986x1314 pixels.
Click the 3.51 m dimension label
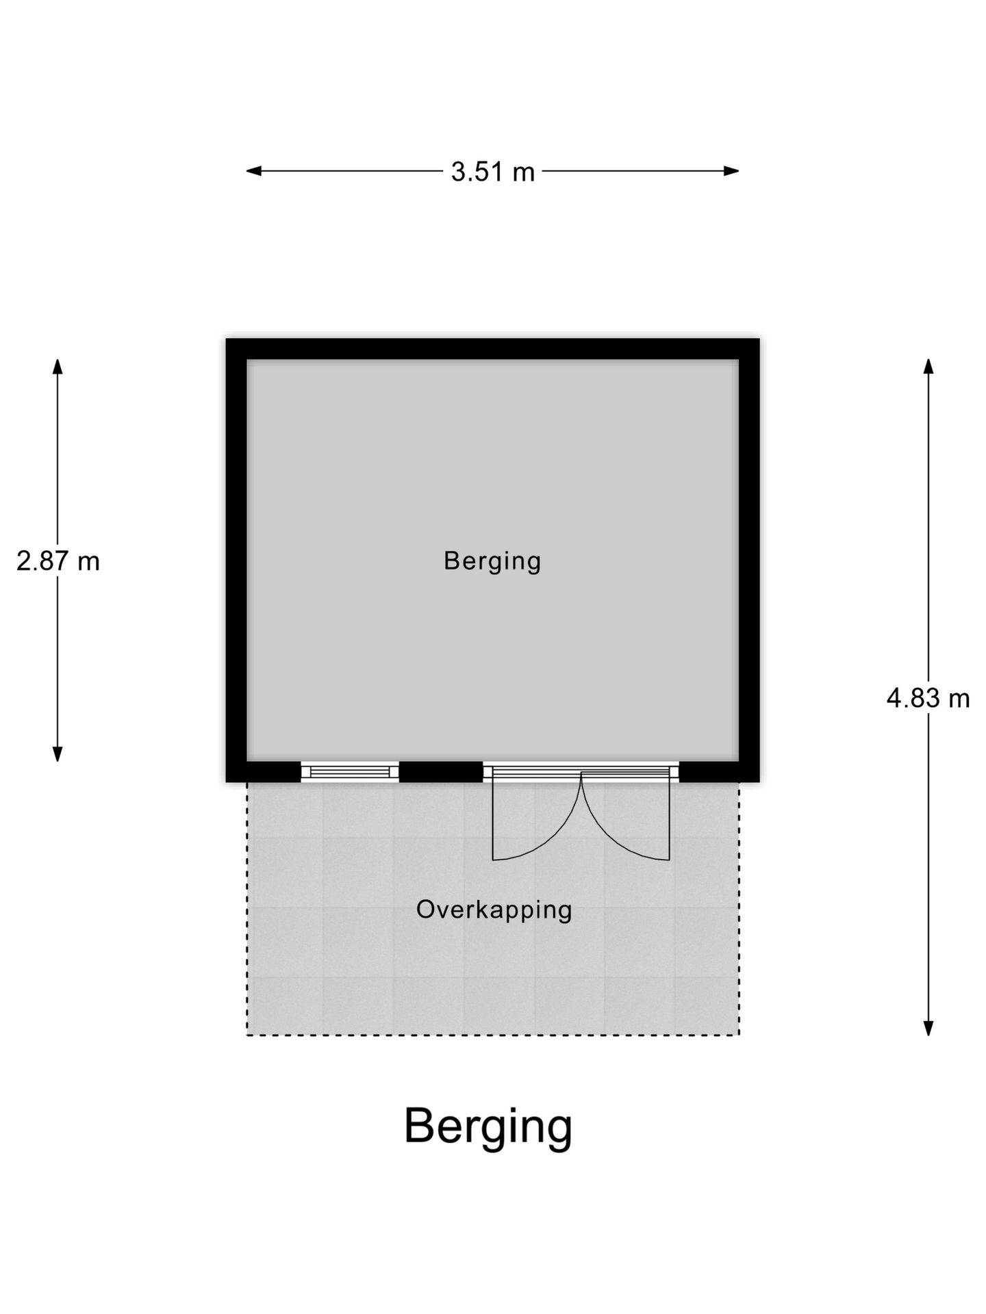(492, 172)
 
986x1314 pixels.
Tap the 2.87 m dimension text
(58, 561)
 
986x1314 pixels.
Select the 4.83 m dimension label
(928, 698)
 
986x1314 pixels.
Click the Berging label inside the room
(492, 561)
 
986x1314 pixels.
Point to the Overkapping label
(494, 910)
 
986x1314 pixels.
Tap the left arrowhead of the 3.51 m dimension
(254, 171)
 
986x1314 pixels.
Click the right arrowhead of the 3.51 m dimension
(731, 171)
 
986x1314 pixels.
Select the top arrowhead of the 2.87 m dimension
(58, 367)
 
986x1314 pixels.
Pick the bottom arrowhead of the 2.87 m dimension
(58, 753)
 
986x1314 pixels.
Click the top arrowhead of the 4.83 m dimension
(928, 367)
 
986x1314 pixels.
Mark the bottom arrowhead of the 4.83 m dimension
(928, 1027)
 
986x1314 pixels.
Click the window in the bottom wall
(350, 772)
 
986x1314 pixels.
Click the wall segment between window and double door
(441, 772)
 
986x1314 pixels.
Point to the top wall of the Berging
(492, 349)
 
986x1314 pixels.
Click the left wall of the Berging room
(236, 560)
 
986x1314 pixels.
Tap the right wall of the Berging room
(749, 560)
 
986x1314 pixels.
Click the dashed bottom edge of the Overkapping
(493, 1035)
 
